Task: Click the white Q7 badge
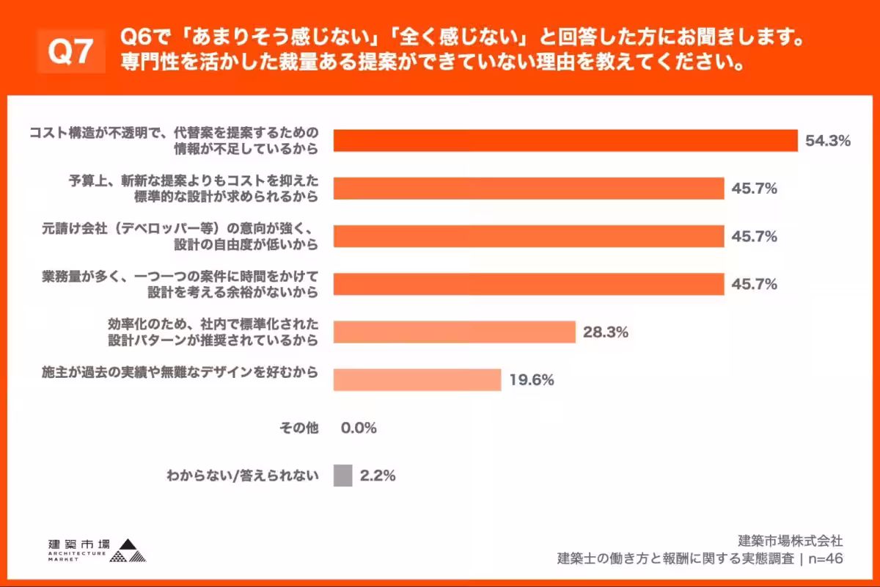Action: (x=72, y=52)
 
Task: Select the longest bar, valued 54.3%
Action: (x=565, y=141)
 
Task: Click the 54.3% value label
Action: (x=827, y=141)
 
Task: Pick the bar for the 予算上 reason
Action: (x=529, y=189)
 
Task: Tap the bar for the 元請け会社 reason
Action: (x=529, y=236)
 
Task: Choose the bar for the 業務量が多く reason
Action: (x=529, y=284)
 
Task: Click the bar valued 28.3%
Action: (x=454, y=332)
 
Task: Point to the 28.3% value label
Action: (x=606, y=332)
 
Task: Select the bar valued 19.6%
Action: (x=417, y=380)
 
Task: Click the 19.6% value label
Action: (x=531, y=380)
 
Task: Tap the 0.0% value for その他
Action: (x=359, y=428)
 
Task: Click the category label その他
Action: (x=299, y=428)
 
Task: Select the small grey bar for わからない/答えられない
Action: (x=342, y=475)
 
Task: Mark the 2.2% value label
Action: (x=378, y=475)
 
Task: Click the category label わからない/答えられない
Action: (x=243, y=475)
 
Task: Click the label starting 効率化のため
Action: (x=213, y=332)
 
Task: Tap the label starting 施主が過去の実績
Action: (x=180, y=373)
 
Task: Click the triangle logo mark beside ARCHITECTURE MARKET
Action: (x=128, y=551)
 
